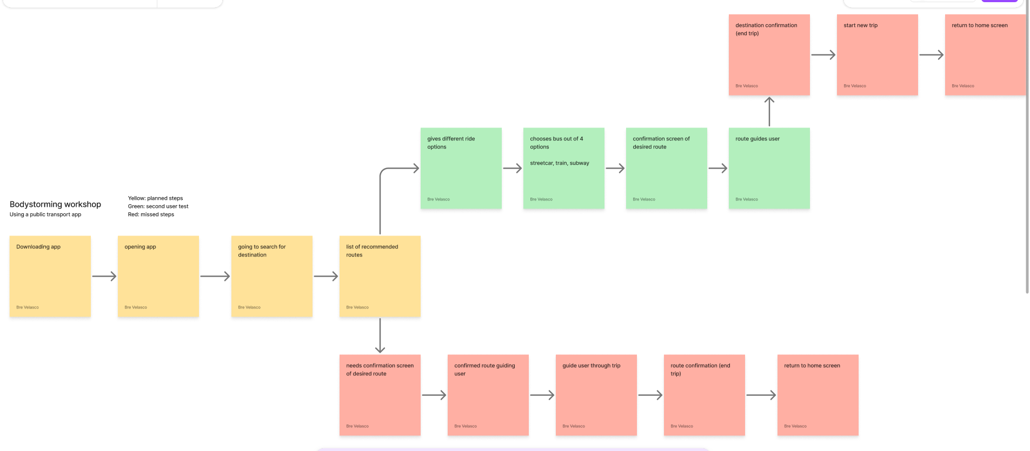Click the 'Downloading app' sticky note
50,276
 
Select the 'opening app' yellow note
158,276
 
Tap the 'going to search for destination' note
271,276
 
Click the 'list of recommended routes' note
380,276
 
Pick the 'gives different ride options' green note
461,168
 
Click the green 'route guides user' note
769,168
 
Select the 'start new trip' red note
877,55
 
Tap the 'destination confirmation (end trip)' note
769,55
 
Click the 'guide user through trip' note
596,395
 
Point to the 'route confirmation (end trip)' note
704,395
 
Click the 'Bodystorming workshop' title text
55,204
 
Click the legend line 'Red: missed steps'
151,214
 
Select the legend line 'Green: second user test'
158,206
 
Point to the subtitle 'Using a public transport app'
45,214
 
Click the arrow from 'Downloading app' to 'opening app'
104,277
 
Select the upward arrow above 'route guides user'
769,112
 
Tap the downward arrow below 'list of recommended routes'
380,335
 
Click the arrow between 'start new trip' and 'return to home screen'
931,55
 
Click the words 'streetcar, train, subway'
559,163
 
